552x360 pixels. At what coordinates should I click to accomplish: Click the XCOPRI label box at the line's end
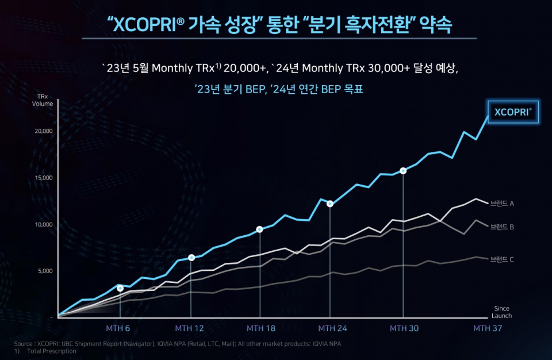pyautogui.click(x=513, y=112)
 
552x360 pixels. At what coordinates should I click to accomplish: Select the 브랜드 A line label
pyautogui.click(x=502, y=203)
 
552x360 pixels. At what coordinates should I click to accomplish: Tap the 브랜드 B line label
pyautogui.click(x=502, y=227)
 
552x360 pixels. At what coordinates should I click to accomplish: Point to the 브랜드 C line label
pyautogui.click(x=502, y=259)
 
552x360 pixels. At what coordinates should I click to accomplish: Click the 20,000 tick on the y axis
pyautogui.click(x=44, y=131)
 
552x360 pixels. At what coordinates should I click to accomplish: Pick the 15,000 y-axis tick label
pyautogui.click(x=44, y=178)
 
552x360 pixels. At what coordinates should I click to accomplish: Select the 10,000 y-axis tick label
pyautogui.click(x=44, y=224)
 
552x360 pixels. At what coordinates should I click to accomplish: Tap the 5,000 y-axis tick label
pyautogui.click(x=45, y=271)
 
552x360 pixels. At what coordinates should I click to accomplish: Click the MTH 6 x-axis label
pyautogui.click(x=118, y=328)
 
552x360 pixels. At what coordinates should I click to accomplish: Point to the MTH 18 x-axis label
pyautogui.click(x=260, y=328)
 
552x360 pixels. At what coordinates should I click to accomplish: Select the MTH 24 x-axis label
pyautogui.click(x=332, y=328)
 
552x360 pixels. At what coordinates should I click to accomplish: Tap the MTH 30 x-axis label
pyautogui.click(x=404, y=328)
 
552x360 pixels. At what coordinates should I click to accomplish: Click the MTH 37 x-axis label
pyautogui.click(x=488, y=328)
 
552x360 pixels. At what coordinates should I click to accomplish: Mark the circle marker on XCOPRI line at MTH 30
pyautogui.click(x=403, y=171)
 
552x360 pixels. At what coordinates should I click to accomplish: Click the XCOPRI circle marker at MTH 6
pyautogui.click(x=120, y=288)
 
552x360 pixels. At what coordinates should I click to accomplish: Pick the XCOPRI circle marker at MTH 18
pyautogui.click(x=259, y=229)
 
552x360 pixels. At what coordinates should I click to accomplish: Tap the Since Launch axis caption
pyautogui.click(x=501, y=312)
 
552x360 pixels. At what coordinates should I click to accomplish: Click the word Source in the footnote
pyautogui.click(x=24, y=344)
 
